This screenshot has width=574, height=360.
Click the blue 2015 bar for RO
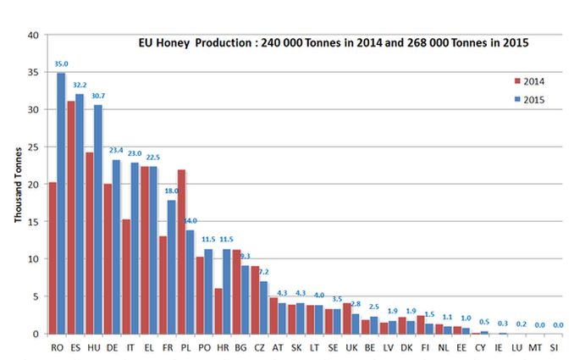click(61, 203)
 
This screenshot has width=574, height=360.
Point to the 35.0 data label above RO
click(62, 63)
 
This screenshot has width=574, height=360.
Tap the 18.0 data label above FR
click(171, 191)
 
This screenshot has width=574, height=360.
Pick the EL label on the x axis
click(149, 347)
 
